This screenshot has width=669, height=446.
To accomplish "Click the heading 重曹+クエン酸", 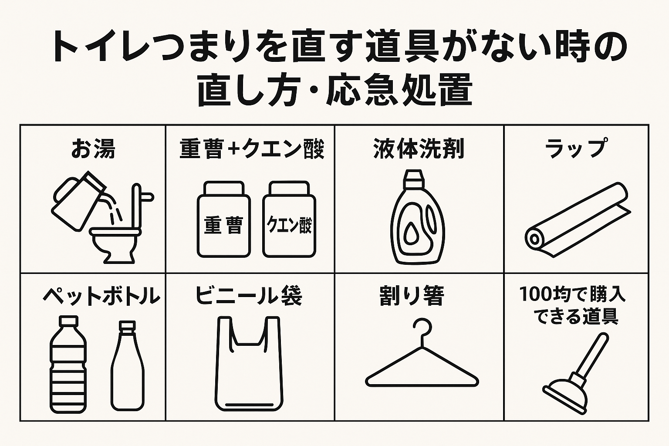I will [252, 149].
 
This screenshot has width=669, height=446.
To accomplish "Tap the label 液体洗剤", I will [419, 149].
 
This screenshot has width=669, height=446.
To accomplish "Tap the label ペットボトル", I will [101, 296].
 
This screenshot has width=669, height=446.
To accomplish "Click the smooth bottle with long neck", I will [127, 366].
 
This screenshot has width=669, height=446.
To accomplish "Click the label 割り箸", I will [412, 296].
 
